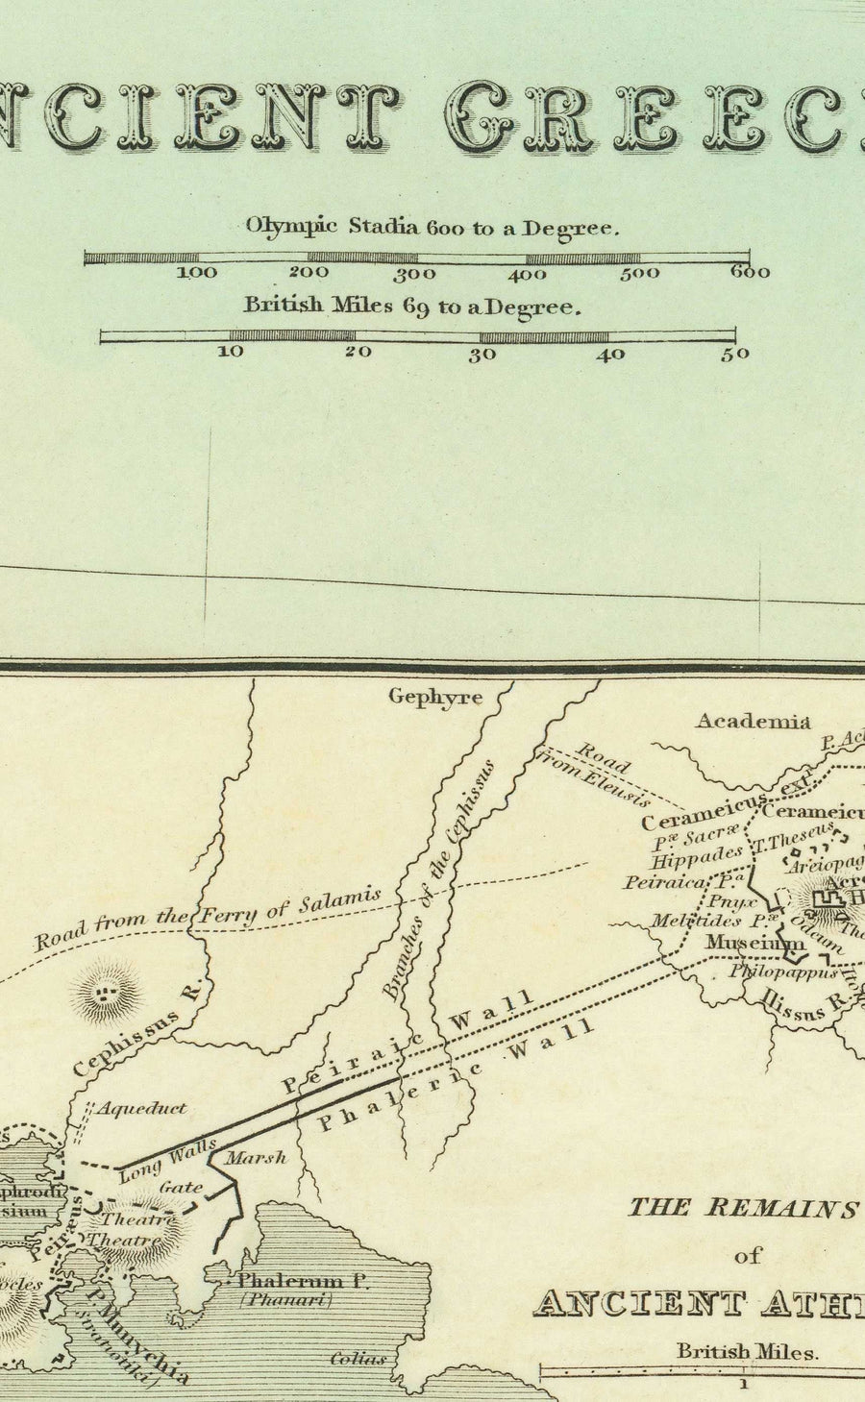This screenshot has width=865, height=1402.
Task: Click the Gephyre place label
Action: (x=434, y=697)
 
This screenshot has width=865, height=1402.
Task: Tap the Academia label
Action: (x=753, y=721)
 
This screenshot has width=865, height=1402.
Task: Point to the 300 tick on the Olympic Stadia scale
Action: (x=415, y=273)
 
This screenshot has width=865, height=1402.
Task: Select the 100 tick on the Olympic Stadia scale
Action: (x=197, y=273)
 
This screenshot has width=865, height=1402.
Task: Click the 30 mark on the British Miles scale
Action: (x=482, y=354)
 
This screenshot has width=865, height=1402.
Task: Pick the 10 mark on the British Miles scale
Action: (x=231, y=352)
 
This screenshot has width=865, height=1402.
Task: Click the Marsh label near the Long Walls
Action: (x=256, y=1158)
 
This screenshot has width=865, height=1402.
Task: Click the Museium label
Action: (x=754, y=943)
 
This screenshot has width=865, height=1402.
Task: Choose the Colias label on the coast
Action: (x=358, y=1359)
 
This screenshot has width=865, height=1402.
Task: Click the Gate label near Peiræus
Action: (x=181, y=1187)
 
